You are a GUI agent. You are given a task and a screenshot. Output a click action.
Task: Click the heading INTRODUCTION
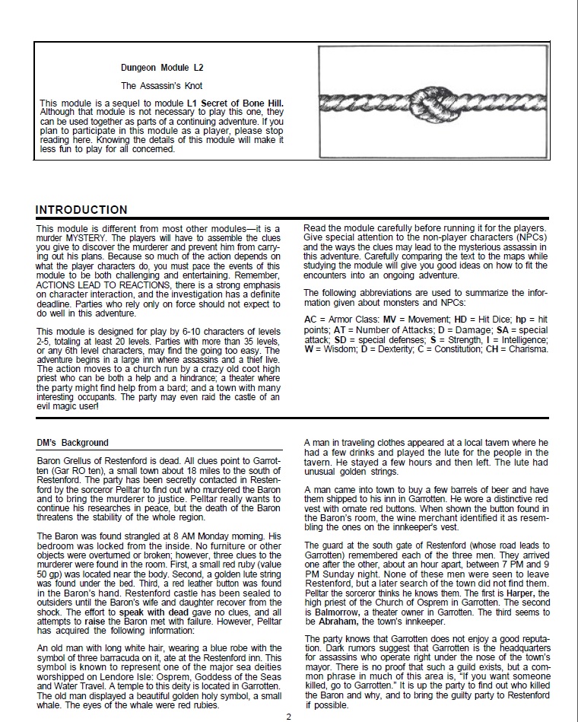pos(81,210)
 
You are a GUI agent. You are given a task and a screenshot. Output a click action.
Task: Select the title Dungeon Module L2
pos(162,68)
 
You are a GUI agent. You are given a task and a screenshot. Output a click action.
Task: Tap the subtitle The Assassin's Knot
pos(162,86)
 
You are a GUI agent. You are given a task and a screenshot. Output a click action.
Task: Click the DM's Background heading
pos(72,443)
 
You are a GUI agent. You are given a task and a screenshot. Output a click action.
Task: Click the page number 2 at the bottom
pos(289,716)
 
